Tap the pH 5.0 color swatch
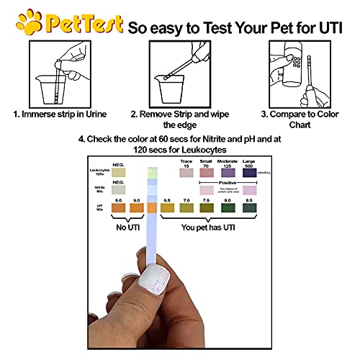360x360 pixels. coord(120,208)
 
